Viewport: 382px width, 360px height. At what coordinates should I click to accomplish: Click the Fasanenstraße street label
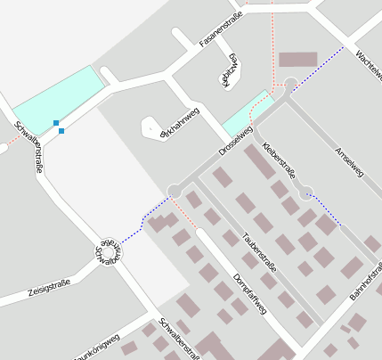coord(221,32)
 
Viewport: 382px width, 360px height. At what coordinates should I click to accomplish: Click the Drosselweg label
coord(236,142)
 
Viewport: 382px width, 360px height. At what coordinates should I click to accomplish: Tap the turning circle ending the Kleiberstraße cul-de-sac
coord(305,191)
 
